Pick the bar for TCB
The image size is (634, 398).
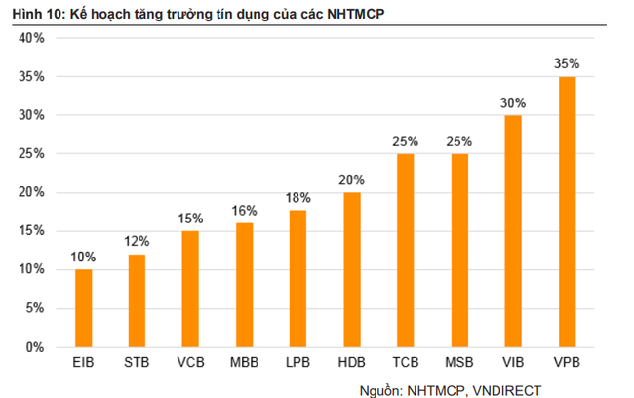tap(406, 251)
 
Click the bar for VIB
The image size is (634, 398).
tap(513, 231)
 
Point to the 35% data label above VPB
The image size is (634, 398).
tap(567, 63)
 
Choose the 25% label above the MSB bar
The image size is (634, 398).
tap(459, 141)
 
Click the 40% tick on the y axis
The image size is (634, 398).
tap(33, 38)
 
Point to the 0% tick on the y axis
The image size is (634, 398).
tap(37, 347)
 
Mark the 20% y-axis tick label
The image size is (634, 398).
tap(33, 192)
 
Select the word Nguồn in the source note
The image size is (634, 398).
tap(379, 387)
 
